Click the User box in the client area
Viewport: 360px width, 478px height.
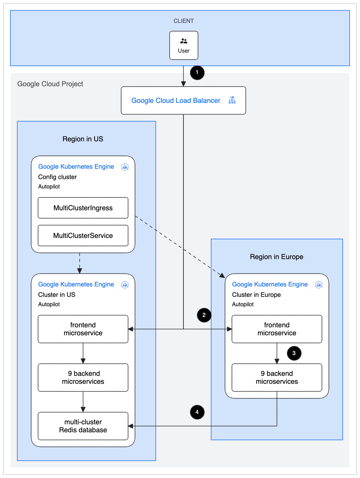click(x=184, y=45)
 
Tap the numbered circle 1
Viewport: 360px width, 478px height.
click(x=197, y=72)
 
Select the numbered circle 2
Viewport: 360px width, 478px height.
click(x=204, y=315)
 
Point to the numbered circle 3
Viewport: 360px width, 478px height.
click(x=294, y=353)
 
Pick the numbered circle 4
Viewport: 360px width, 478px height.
click(x=197, y=412)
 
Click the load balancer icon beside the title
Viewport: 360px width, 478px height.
click(x=232, y=100)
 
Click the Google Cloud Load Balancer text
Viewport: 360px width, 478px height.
click(x=176, y=100)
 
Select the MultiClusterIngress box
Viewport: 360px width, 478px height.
click(x=83, y=208)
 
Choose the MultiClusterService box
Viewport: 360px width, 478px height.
click(x=83, y=236)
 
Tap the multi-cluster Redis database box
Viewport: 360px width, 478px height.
click(x=83, y=426)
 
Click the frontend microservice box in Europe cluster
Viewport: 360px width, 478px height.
click(x=277, y=329)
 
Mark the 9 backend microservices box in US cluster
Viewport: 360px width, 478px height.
click(x=83, y=378)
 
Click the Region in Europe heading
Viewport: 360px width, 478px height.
click(x=277, y=257)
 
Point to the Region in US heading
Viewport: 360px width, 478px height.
click(x=83, y=139)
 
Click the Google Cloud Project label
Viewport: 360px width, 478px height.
click(x=50, y=84)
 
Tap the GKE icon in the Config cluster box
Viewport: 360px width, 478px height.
click(x=125, y=167)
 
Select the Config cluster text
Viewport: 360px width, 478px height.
click(x=57, y=177)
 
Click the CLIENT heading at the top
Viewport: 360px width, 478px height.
click(x=183, y=21)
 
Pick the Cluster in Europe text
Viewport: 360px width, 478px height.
click(x=256, y=295)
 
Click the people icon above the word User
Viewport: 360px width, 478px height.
click(x=184, y=41)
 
